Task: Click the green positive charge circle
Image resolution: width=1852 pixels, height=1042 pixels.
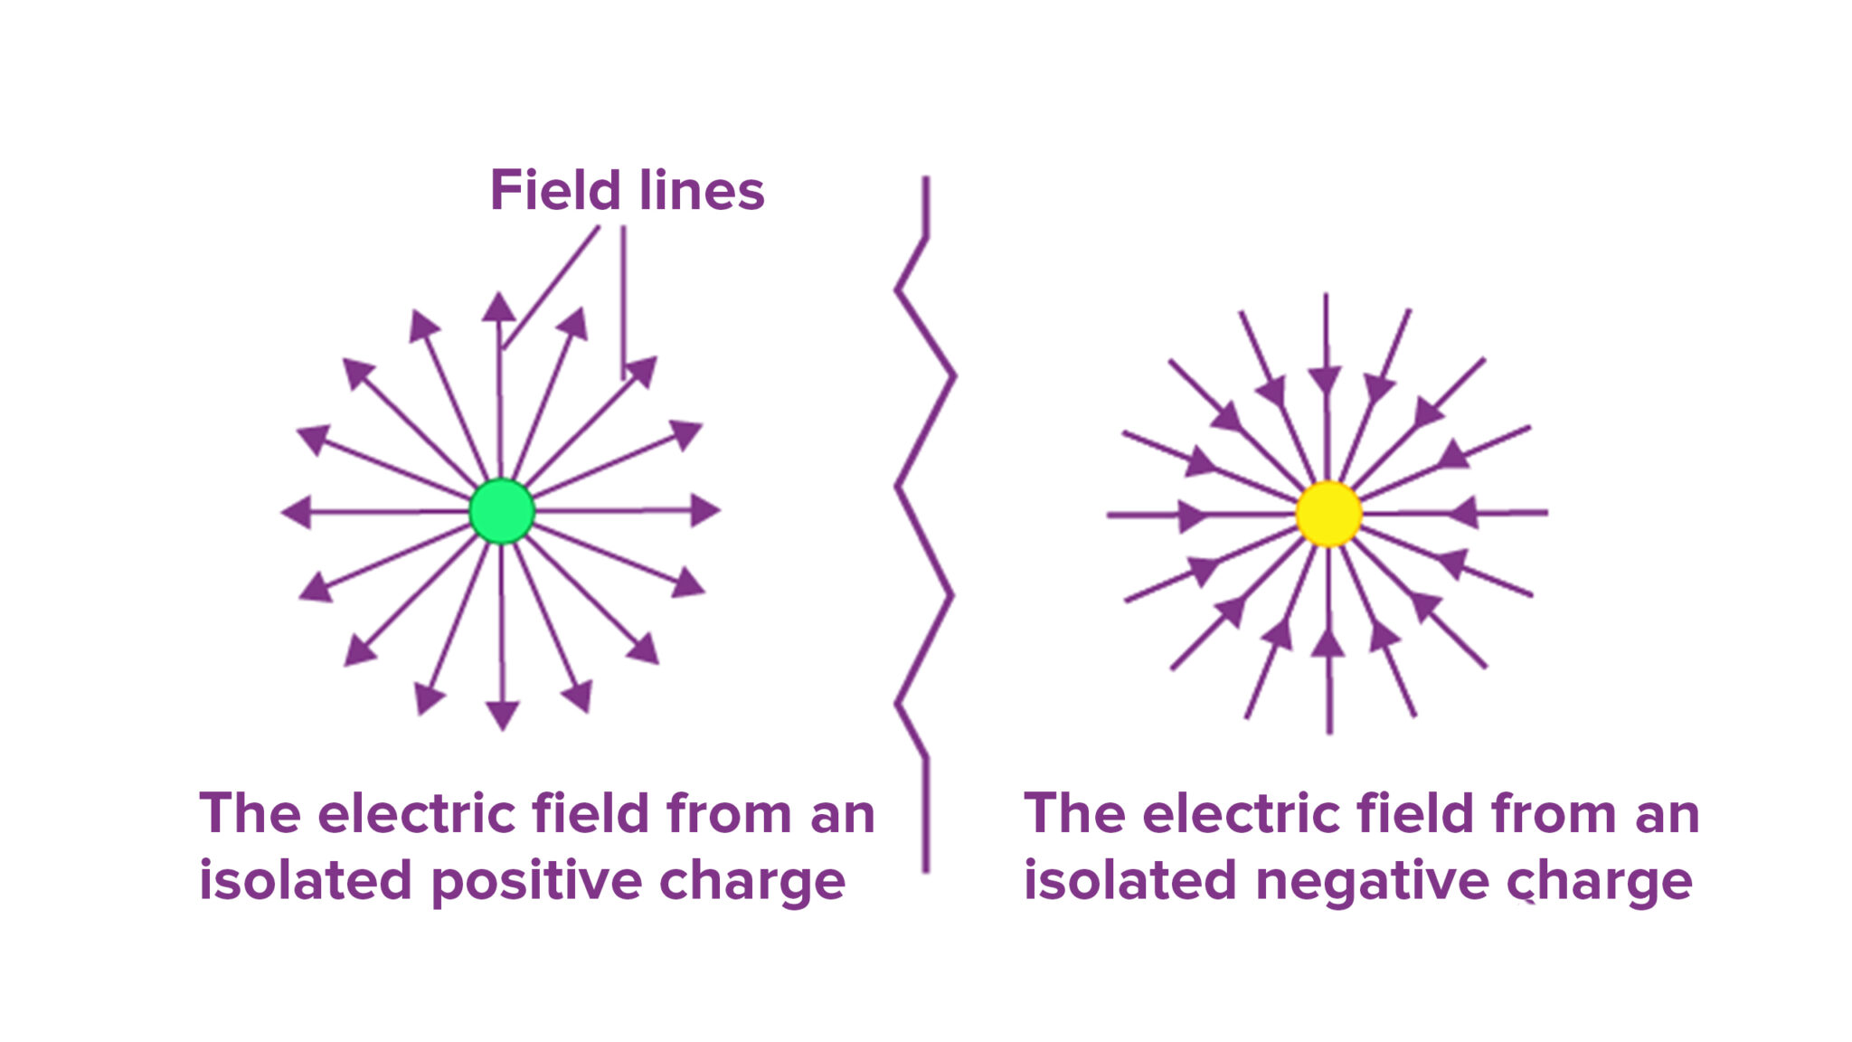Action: click(502, 511)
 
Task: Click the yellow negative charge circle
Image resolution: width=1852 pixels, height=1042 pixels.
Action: click(1328, 514)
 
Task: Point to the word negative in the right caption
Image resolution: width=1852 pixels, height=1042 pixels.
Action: click(1371, 882)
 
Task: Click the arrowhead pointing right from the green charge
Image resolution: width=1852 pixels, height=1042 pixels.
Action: click(704, 510)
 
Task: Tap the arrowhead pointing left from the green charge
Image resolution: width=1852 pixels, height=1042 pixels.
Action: click(297, 512)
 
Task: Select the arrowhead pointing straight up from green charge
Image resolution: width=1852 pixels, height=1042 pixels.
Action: click(498, 308)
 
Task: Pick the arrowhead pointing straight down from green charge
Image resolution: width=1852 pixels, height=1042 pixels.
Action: click(502, 715)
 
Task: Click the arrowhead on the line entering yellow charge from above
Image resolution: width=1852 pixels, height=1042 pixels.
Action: click(1325, 380)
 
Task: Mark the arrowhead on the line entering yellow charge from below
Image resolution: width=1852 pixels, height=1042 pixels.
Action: click(1328, 643)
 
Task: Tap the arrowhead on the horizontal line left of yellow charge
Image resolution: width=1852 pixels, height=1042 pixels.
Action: click(1192, 516)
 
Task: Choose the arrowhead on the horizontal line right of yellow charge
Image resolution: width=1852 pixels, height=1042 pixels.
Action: click(1464, 513)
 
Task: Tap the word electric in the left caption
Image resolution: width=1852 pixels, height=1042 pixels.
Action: click(420, 814)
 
